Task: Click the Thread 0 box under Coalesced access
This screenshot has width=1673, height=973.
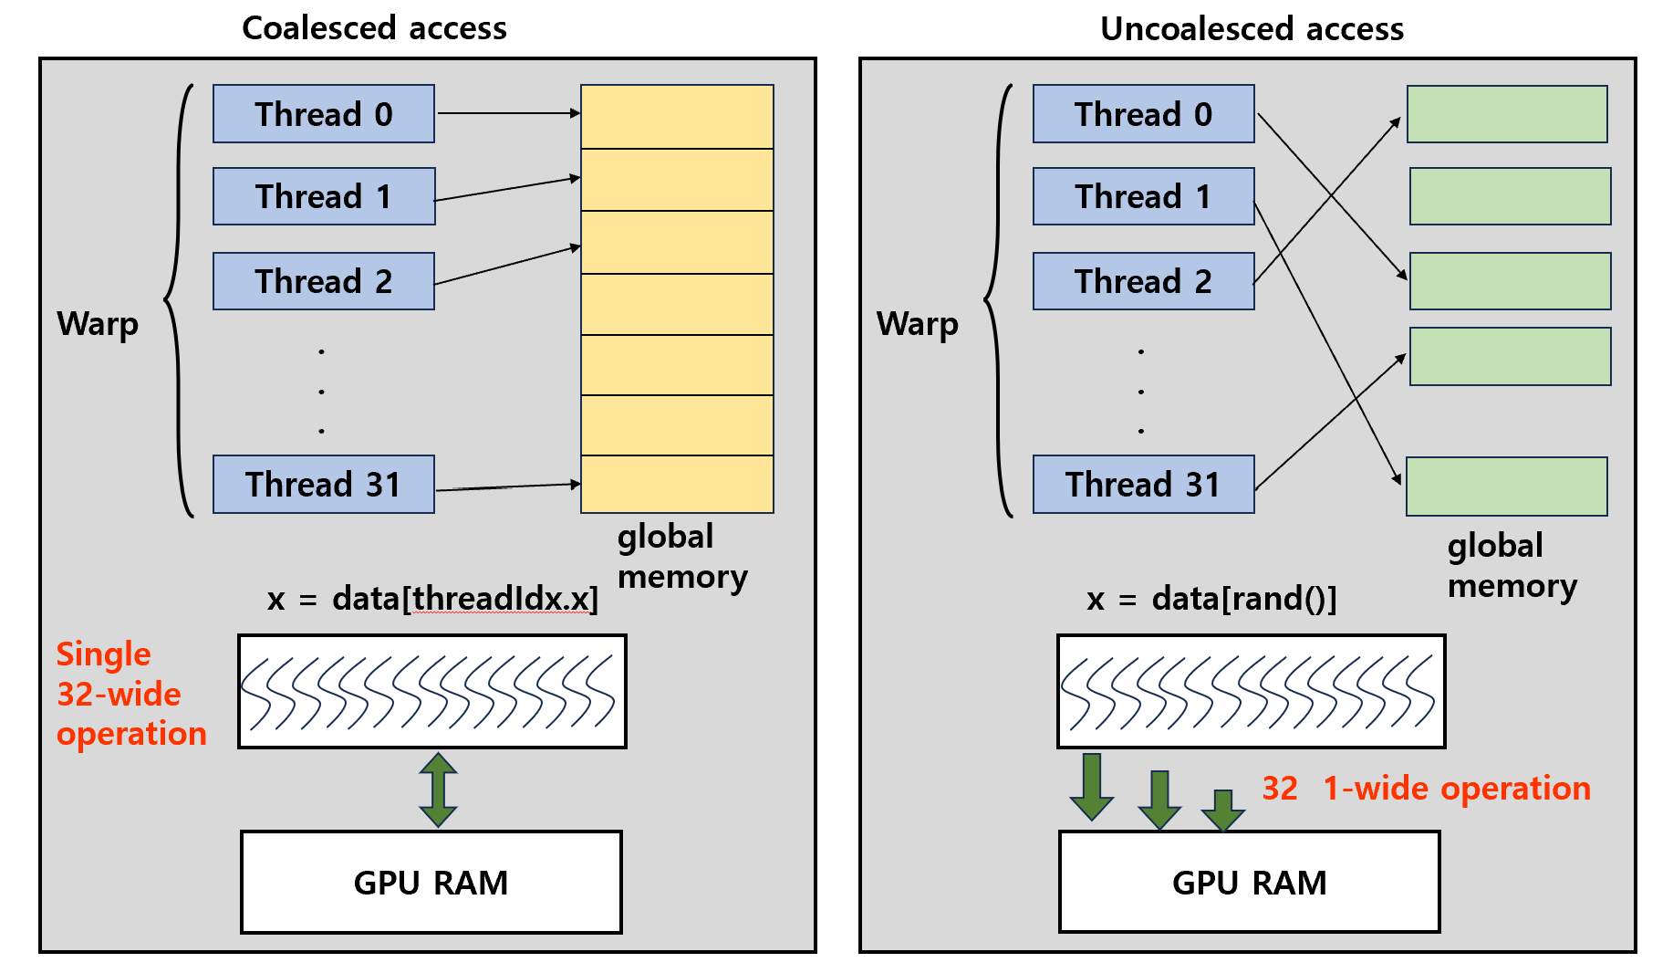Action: click(x=324, y=114)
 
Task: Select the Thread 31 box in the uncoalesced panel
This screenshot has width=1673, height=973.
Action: click(x=1143, y=485)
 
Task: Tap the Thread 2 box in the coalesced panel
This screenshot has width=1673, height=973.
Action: click(x=324, y=281)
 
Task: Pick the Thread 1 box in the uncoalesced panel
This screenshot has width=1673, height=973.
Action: click(x=1143, y=196)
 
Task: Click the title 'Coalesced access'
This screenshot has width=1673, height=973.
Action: click(x=374, y=28)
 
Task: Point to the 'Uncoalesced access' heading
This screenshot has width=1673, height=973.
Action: click(x=1252, y=29)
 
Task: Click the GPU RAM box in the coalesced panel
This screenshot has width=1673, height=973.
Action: click(x=431, y=882)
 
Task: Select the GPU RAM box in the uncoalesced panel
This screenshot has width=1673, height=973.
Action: click(x=1249, y=882)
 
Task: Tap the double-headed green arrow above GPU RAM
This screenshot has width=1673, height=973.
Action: click(x=438, y=790)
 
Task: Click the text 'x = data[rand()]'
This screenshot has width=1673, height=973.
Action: click(x=1211, y=599)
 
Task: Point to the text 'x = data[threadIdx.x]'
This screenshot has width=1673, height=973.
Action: click(x=432, y=599)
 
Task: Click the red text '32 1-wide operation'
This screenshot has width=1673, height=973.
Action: click(x=1425, y=788)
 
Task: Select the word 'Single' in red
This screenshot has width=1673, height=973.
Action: click(x=103, y=654)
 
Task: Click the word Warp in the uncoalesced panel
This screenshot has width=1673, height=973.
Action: click(x=917, y=324)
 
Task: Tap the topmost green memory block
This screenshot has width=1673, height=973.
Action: click(x=1507, y=114)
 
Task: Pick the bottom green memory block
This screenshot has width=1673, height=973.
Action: click(x=1507, y=486)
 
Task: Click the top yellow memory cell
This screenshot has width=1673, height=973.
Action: click(x=677, y=117)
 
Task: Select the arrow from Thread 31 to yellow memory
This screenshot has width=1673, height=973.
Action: click(x=507, y=486)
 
